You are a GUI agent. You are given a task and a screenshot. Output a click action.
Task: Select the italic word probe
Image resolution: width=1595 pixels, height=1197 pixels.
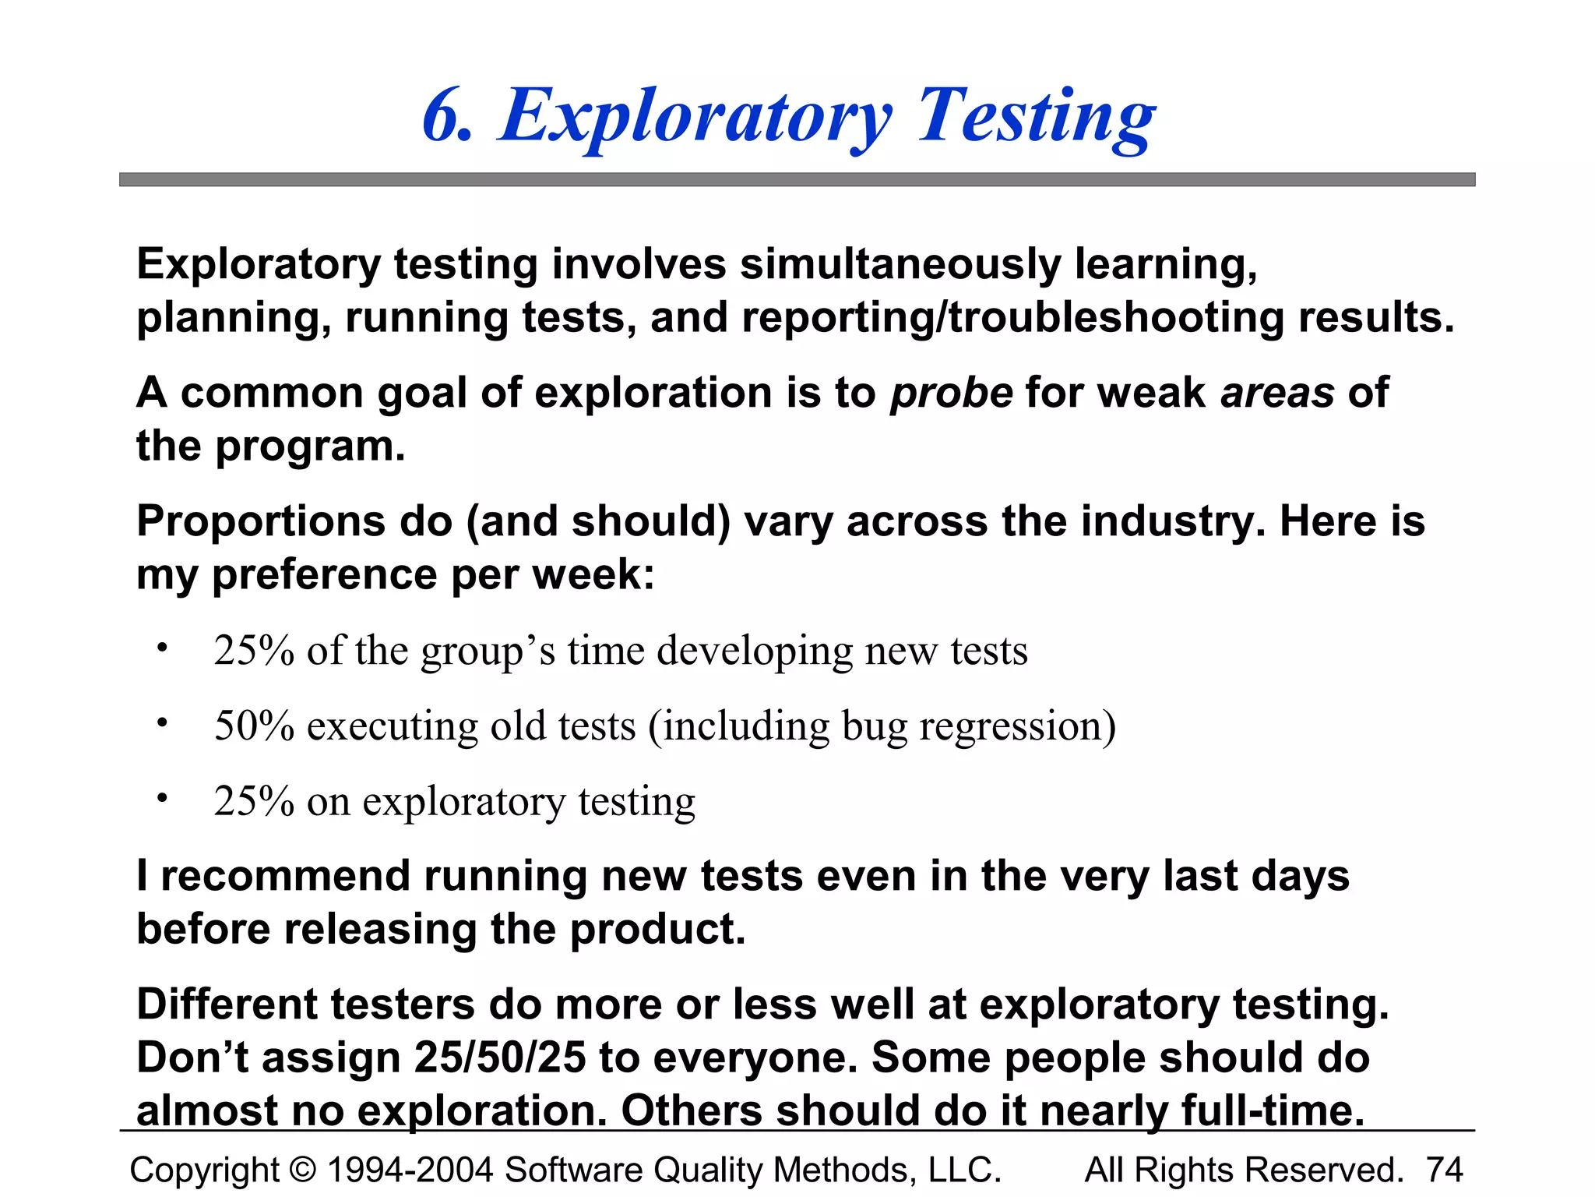pos(952,394)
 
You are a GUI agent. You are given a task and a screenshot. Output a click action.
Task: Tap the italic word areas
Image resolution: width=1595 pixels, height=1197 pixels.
pos(1277,394)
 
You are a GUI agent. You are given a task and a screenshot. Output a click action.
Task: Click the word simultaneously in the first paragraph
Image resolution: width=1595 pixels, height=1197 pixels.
pos(900,265)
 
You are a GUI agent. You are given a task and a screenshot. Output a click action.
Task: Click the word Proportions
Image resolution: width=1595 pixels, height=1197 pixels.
pos(262,522)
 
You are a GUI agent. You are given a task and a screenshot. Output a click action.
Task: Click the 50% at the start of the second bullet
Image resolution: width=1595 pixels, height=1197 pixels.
pos(254,726)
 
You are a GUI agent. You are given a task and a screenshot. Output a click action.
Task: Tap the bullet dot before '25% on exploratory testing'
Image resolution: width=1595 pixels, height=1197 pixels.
pos(161,798)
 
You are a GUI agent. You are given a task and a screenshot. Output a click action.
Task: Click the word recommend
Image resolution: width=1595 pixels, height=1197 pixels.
pos(285,876)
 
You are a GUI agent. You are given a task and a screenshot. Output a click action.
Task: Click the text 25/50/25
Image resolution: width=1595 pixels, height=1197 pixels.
pos(499,1058)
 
